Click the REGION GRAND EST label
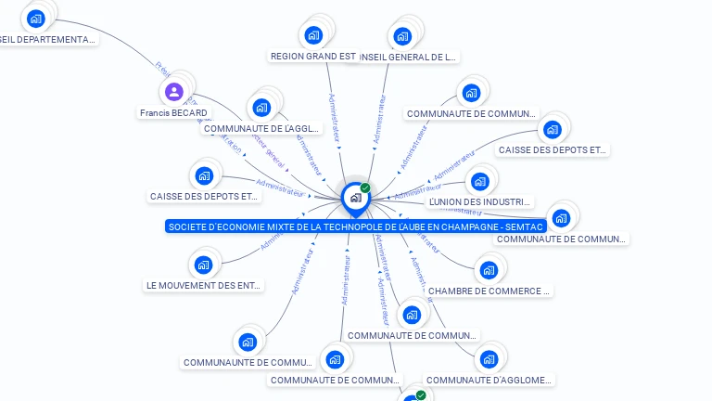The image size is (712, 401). (x=312, y=57)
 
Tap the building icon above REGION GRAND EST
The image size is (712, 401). (x=313, y=35)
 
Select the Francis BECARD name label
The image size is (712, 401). (x=173, y=113)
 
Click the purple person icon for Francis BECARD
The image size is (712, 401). (x=173, y=91)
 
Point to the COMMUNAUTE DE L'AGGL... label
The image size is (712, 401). (x=261, y=129)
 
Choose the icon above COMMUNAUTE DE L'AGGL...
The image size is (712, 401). (x=261, y=107)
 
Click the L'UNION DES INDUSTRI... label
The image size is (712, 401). (x=479, y=201)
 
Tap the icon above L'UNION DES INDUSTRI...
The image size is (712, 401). (x=479, y=181)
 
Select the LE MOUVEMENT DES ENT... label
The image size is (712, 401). (x=204, y=286)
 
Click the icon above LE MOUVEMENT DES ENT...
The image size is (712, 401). (x=204, y=265)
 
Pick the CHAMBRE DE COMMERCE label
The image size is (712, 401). (x=489, y=291)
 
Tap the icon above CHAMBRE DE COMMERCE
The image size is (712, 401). (x=489, y=271)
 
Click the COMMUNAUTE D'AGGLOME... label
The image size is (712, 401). (x=489, y=380)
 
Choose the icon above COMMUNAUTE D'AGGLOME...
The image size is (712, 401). (x=489, y=359)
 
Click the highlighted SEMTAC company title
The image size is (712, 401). (x=354, y=226)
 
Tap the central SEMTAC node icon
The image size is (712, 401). (x=354, y=198)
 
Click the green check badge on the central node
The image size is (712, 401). (x=365, y=188)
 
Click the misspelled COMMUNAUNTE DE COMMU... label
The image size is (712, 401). (x=248, y=362)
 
